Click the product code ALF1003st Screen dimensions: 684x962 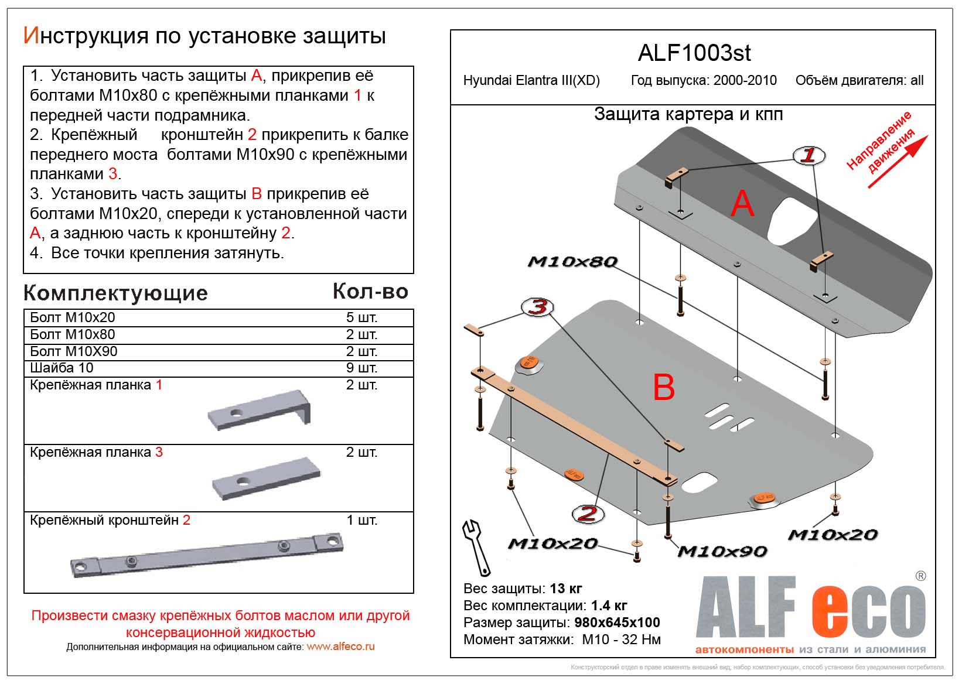(694, 53)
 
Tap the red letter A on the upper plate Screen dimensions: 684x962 (742, 204)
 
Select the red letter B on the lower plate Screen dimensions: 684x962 (664, 388)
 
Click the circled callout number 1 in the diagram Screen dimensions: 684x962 (809, 155)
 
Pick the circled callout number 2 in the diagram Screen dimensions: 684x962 (588, 514)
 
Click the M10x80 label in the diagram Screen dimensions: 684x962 (572, 262)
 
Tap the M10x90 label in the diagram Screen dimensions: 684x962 (722, 552)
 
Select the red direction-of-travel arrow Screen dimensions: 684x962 (898, 162)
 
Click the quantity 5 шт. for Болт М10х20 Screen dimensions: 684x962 (361, 317)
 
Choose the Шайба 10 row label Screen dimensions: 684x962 (62, 368)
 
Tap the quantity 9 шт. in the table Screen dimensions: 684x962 (361, 368)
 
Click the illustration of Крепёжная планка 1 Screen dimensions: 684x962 (260, 411)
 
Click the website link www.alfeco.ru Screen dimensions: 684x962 (340, 647)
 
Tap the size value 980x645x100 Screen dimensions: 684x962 (617, 623)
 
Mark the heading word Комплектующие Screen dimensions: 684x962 (116, 293)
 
